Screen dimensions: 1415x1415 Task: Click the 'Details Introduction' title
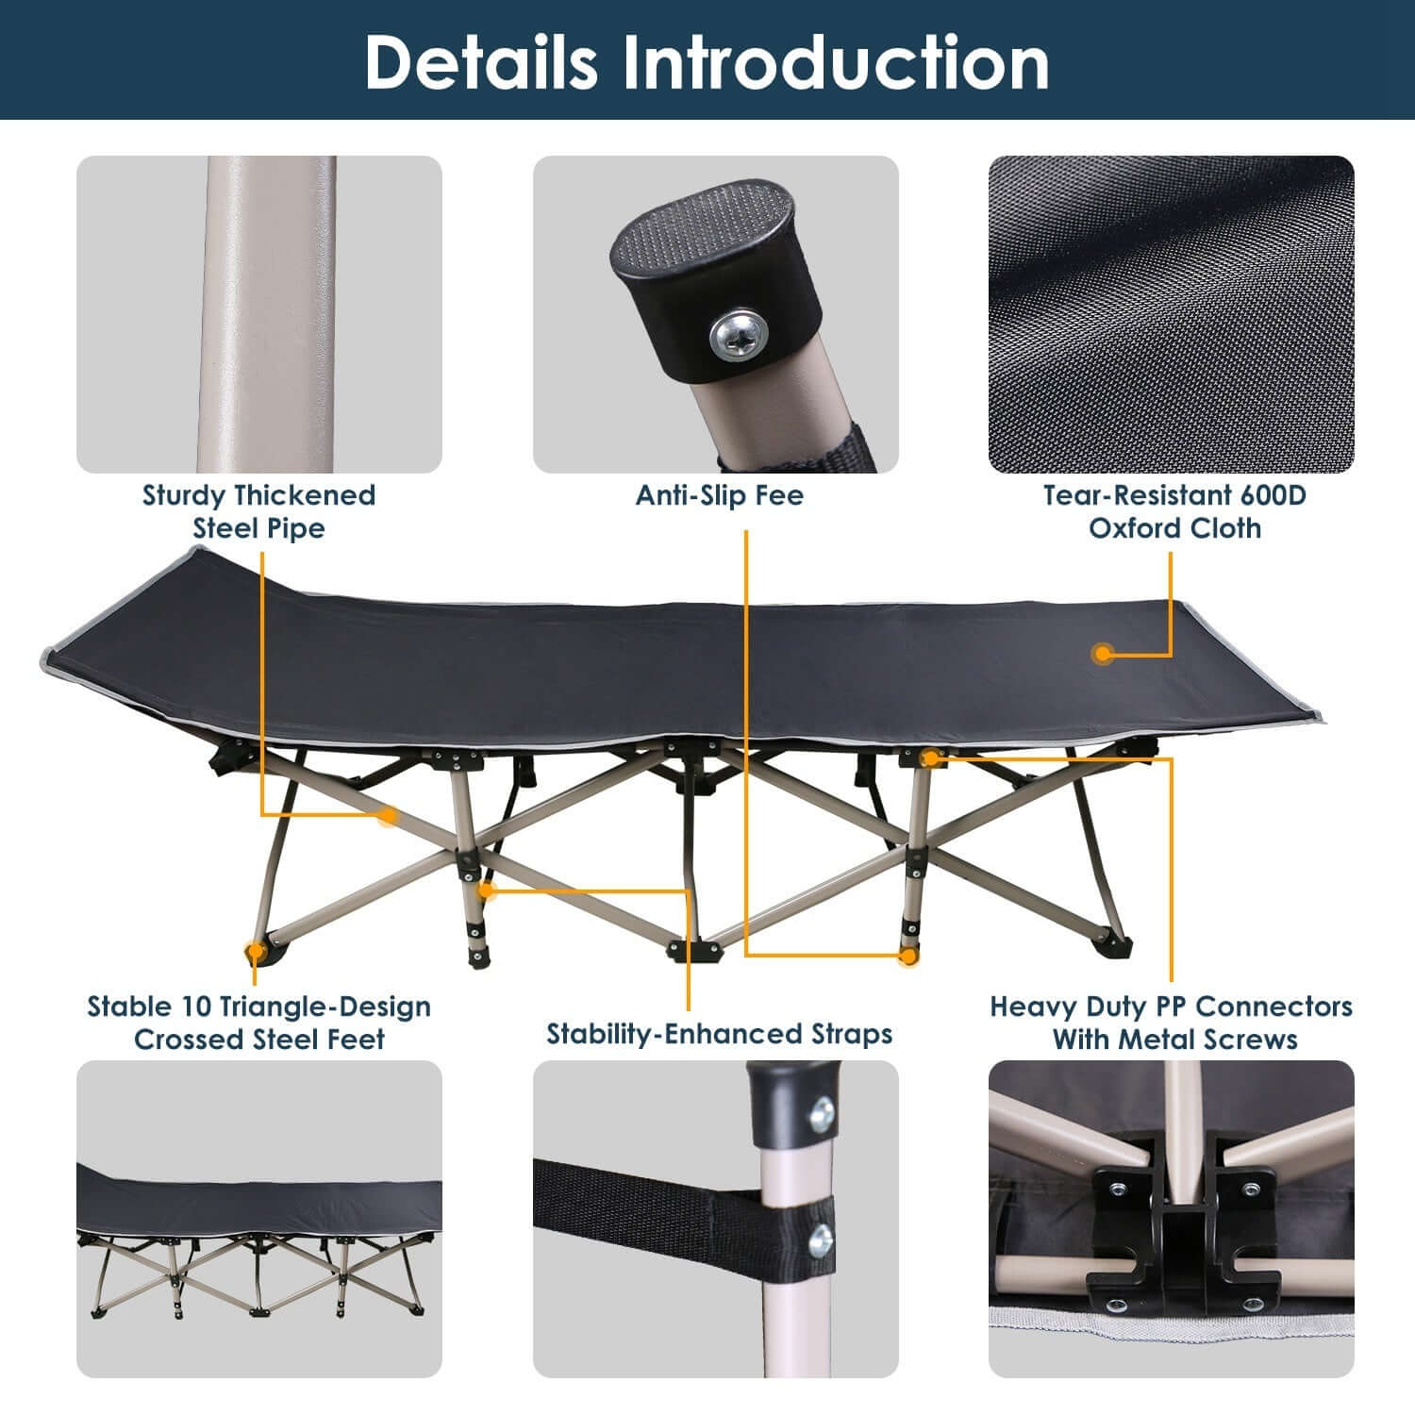click(707, 62)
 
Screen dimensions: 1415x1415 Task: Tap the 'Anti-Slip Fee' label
click(719, 495)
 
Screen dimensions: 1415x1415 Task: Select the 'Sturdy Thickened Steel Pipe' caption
click(258, 511)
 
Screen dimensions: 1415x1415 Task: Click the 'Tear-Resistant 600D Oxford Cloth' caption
click(1174, 511)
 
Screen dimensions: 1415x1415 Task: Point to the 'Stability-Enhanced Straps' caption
click(719, 1034)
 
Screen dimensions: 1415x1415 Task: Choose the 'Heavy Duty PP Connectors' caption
click(1172, 1007)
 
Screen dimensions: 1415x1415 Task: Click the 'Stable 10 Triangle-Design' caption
click(258, 1007)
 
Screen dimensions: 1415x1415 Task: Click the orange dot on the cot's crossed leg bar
click(388, 815)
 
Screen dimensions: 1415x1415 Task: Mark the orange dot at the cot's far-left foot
click(253, 952)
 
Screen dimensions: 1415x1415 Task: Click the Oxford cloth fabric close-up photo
click(1171, 314)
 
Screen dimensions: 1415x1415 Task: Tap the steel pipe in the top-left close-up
click(266, 314)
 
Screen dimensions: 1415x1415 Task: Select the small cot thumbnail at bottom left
click(258, 1219)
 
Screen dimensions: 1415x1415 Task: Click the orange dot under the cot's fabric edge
click(930, 757)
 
